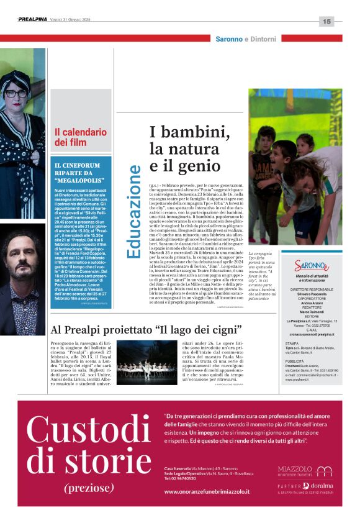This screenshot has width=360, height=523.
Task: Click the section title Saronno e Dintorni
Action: pos(246,39)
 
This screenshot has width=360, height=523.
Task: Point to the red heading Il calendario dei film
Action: pos(81,137)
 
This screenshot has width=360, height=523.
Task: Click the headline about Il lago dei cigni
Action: pos(146,329)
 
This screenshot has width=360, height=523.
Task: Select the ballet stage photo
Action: pos(146,361)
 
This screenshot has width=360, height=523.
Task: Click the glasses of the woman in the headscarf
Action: pos(16,94)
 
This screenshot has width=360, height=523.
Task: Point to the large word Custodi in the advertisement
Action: pos(89,430)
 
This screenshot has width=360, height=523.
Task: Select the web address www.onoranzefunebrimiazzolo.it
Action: pos(207,491)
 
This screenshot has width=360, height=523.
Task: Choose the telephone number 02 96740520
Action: pos(185,479)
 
